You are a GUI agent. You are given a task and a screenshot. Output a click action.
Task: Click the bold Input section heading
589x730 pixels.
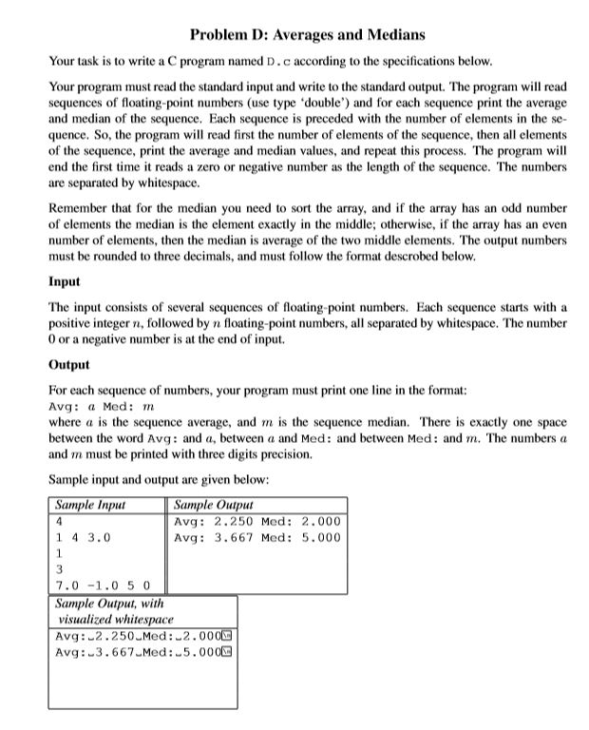pyautogui.click(x=65, y=282)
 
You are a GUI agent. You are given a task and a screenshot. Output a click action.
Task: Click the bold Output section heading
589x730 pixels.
pyautogui.click(x=68, y=364)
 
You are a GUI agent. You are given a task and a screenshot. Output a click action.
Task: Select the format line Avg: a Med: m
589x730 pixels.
pyautogui.click(x=101, y=406)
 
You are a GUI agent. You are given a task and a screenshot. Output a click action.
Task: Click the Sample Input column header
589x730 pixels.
pyautogui.click(x=90, y=506)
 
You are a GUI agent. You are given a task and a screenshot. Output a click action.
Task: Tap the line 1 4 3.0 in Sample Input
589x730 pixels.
pyautogui.click(x=84, y=537)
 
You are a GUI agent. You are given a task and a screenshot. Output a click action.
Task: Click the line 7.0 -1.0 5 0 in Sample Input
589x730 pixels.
pyautogui.click(x=109, y=584)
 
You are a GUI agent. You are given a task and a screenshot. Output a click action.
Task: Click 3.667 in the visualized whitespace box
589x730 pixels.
pyautogui.click(x=111, y=652)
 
